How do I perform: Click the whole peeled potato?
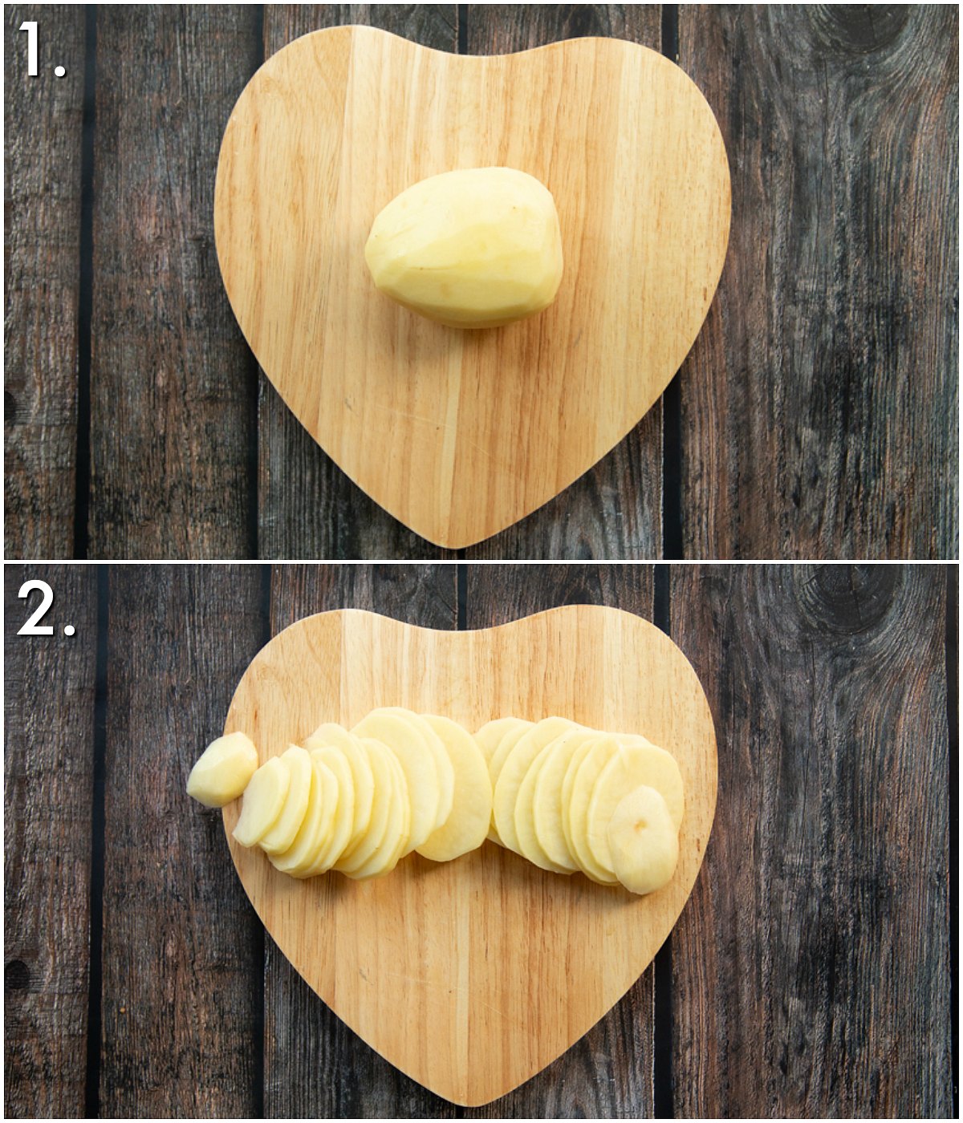click(464, 248)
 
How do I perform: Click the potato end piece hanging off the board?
click(221, 768)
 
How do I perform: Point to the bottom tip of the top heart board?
click(457, 547)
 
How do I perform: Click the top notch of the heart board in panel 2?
click(466, 631)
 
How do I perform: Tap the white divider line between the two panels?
click(481, 561)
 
